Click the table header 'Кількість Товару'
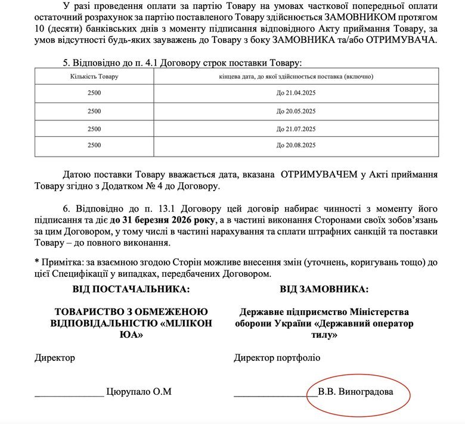click(94, 77)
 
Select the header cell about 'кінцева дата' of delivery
click(296, 77)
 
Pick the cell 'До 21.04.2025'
click(296, 94)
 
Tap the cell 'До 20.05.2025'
click(296, 111)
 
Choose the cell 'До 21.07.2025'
click(296, 129)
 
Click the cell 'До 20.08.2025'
click(296, 145)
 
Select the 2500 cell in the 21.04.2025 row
click(94, 94)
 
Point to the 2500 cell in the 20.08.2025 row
click(94, 145)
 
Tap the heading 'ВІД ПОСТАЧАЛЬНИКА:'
click(131, 289)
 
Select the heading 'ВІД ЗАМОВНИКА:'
click(324, 289)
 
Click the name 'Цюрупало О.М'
click(139, 392)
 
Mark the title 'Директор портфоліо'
click(277, 358)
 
